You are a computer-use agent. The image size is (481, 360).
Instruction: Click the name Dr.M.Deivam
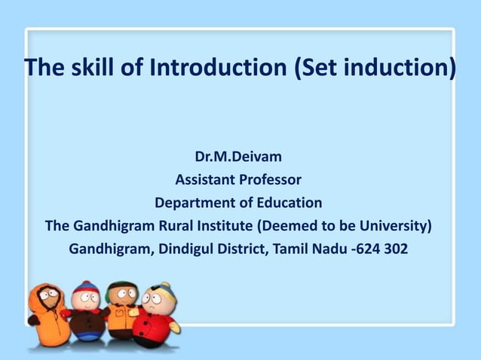click(x=238, y=158)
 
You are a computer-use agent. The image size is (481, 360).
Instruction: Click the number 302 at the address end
click(x=394, y=249)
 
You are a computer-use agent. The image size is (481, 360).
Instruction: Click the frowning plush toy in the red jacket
click(x=157, y=313)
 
